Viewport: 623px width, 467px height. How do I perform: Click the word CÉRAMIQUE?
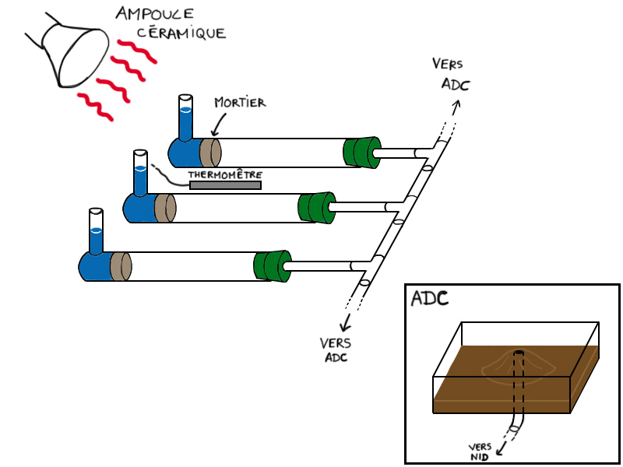[182, 33]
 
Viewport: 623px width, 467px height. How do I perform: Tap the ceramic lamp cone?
[74, 54]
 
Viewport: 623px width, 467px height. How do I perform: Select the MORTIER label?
[239, 103]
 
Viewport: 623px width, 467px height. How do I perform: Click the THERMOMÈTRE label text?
[225, 174]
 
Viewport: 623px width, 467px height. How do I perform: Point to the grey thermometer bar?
[225, 184]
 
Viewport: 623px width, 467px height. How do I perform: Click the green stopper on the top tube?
[361, 152]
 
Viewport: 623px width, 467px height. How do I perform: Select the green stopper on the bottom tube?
[272, 265]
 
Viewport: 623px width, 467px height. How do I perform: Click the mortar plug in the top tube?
[209, 149]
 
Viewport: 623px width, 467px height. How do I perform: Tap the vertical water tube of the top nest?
[185, 117]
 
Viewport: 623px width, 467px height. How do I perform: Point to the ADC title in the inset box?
[430, 299]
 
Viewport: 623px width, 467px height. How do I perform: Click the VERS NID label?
[480, 451]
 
